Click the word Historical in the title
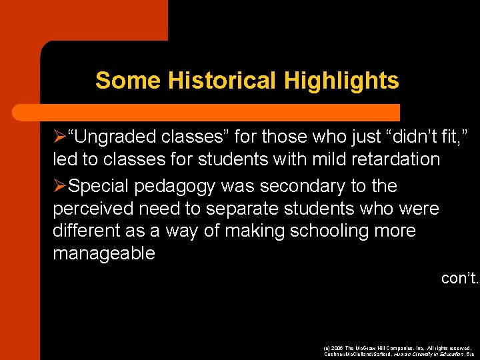223,81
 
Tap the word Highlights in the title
341,81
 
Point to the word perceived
94,209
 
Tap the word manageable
103,253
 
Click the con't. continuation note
459,277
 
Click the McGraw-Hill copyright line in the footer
397,348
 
